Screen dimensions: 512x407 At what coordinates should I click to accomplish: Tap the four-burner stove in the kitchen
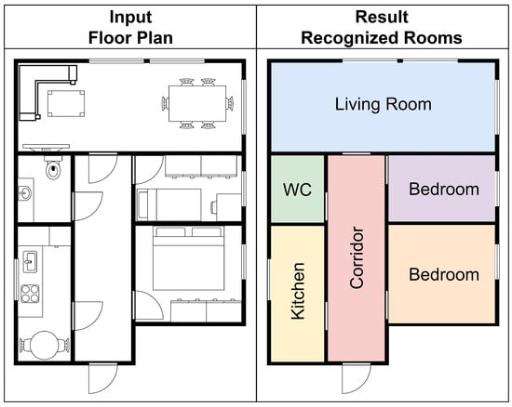[30, 294]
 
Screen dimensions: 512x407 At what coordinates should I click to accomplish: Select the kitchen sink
[30, 262]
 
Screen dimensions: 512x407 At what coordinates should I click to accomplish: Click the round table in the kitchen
[45, 346]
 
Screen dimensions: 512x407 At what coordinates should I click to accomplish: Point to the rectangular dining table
[197, 103]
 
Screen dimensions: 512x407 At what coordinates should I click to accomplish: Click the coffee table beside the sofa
[66, 103]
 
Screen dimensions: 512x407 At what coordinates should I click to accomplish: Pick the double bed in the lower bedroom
[188, 258]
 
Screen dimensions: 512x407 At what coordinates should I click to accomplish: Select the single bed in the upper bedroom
[169, 204]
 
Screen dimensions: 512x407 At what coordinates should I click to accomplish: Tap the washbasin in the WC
[25, 193]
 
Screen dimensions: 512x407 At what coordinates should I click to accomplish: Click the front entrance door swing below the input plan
[102, 378]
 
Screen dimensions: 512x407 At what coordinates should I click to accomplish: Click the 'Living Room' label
[384, 104]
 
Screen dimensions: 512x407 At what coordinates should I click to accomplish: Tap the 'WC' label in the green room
[297, 190]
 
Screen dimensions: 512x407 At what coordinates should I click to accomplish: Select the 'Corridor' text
[357, 257]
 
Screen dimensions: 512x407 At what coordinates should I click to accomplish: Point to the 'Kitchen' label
[298, 291]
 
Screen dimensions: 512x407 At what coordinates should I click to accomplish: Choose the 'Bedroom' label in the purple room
[444, 189]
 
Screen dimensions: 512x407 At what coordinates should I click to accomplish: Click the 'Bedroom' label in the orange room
[444, 274]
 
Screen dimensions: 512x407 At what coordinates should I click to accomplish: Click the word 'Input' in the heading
[130, 17]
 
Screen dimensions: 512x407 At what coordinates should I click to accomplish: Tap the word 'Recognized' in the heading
[350, 38]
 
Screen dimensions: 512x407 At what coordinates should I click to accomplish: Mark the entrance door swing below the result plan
[357, 378]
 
